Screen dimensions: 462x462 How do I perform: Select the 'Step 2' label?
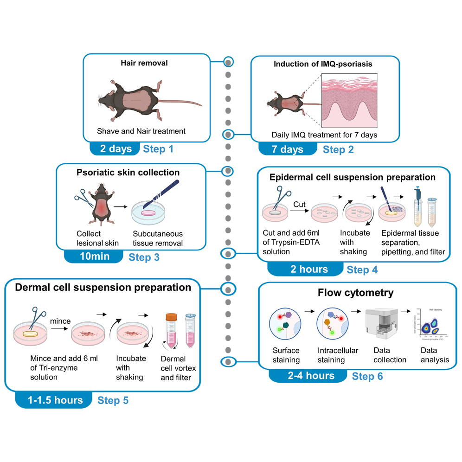coord(338,149)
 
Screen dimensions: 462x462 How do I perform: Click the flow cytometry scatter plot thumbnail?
coord(431,325)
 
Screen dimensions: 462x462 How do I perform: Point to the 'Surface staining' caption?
coord(286,355)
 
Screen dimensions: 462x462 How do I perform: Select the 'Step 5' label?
coord(113,400)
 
